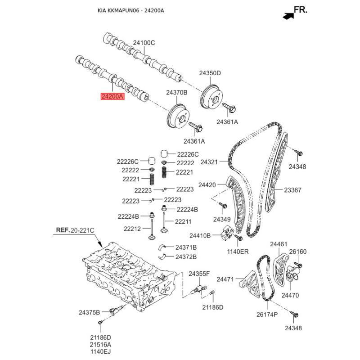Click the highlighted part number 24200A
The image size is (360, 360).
coord(112,96)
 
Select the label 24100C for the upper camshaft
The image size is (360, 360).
coord(144,43)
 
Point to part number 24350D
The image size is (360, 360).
coord(210,73)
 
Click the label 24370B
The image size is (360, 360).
coord(176,93)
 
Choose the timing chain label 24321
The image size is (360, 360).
coord(209,162)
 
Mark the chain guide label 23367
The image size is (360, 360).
coord(292,190)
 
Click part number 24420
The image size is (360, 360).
coord(207,185)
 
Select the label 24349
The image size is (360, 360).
coord(222,220)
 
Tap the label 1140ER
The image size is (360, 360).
coord(238,251)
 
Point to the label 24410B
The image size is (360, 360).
coord(200,235)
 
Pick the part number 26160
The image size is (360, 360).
coord(297,252)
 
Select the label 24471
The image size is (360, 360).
coord(225,279)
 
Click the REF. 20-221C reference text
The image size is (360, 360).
coord(75,230)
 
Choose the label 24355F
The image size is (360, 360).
coord(199,274)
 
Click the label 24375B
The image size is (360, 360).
coord(89,312)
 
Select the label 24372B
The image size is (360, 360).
coord(186,256)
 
